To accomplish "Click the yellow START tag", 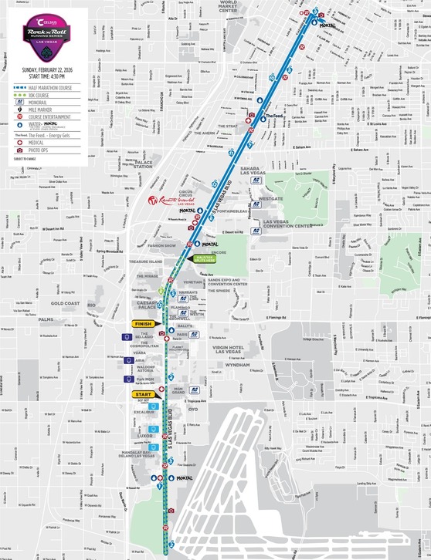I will pos(143,394).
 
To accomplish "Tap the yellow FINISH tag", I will pos(143,324).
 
